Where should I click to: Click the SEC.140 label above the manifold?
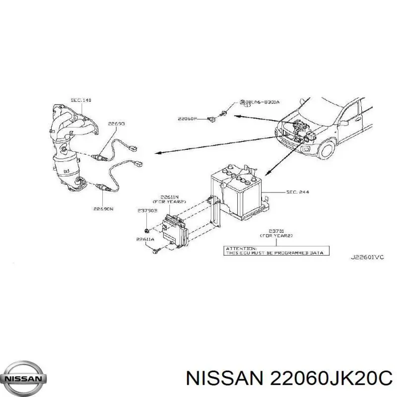(x=81, y=100)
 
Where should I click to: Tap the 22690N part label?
(x=104, y=209)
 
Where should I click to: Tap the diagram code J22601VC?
(x=367, y=257)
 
